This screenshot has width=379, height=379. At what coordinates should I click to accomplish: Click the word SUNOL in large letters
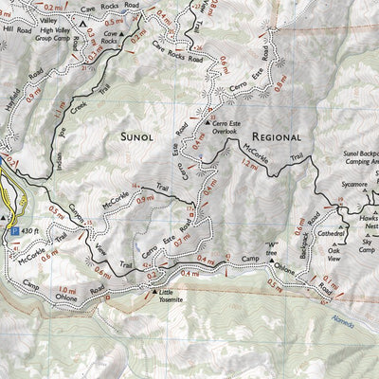(142, 137)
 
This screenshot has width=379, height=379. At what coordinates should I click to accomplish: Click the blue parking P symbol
(13, 229)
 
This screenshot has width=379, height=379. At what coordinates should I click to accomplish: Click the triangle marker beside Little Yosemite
(154, 292)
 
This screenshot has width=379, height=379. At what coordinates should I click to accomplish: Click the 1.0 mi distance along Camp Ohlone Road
(66, 290)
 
